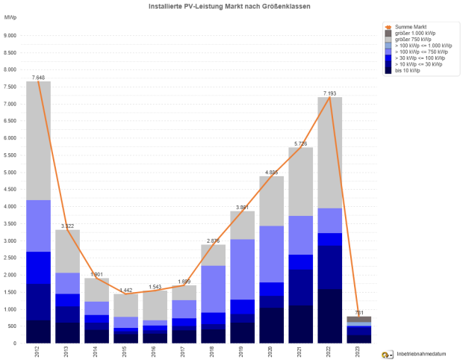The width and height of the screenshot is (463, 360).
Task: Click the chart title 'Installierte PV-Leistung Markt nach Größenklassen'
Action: pos(231,6)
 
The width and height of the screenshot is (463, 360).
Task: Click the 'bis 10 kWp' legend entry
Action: pos(408,69)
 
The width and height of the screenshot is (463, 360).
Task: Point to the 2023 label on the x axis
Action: pos(359,352)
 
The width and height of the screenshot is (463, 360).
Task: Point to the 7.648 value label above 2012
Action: pos(38,77)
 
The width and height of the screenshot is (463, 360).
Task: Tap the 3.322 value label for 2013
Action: pos(67,226)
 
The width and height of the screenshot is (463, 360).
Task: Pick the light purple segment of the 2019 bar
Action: pos(243,269)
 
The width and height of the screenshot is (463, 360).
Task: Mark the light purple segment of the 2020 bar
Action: pos(272,254)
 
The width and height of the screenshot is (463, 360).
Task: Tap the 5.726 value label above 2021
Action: pos(301,143)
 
